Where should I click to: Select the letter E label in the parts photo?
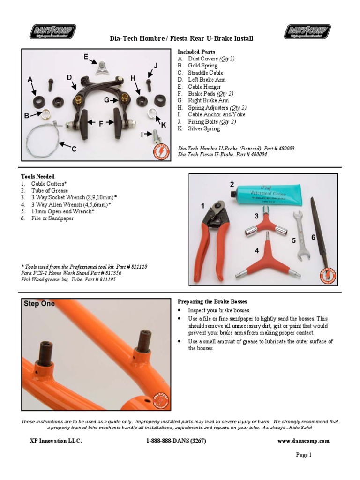pyautogui.click(x=86, y=57)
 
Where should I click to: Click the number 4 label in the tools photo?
pyautogui.click(x=257, y=251)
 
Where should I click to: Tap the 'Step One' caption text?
pyautogui.click(x=39, y=303)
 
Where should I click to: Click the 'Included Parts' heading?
pyautogui.click(x=196, y=52)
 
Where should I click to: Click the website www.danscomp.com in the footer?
pyautogui.click(x=303, y=441)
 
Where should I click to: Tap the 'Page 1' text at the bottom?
pyautogui.click(x=303, y=455)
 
